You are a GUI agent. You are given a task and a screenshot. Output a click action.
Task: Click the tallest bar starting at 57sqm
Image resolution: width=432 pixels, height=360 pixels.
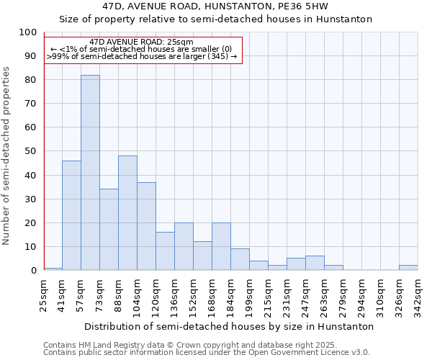click(x=90, y=173)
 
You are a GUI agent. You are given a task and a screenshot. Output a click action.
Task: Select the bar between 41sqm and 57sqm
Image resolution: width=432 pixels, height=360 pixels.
click(x=71, y=215)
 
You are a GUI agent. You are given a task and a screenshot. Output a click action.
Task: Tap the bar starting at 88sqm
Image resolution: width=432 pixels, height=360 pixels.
click(x=127, y=213)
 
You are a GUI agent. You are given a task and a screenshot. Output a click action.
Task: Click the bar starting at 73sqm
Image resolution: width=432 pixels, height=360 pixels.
click(x=109, y=230)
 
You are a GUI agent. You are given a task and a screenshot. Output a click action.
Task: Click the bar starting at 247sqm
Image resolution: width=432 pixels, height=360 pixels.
click(x=315, y=263)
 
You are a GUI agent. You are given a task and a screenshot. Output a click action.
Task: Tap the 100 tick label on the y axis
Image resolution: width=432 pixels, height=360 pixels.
click(x=27, y=32)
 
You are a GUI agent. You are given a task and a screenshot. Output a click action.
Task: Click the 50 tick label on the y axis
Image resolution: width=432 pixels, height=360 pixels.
click(x=30, y=151)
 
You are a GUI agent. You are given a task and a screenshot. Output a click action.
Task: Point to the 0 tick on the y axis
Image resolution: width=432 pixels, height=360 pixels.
click(x=33, y=270)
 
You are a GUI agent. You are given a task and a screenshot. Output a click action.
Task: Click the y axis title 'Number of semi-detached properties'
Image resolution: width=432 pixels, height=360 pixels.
click(x=7, y=156)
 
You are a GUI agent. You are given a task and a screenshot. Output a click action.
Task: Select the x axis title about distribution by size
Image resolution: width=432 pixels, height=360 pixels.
click(x=229, y=326)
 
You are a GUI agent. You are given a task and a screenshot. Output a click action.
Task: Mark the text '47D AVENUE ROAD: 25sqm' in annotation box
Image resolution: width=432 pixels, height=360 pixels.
click(x=142, y=42)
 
